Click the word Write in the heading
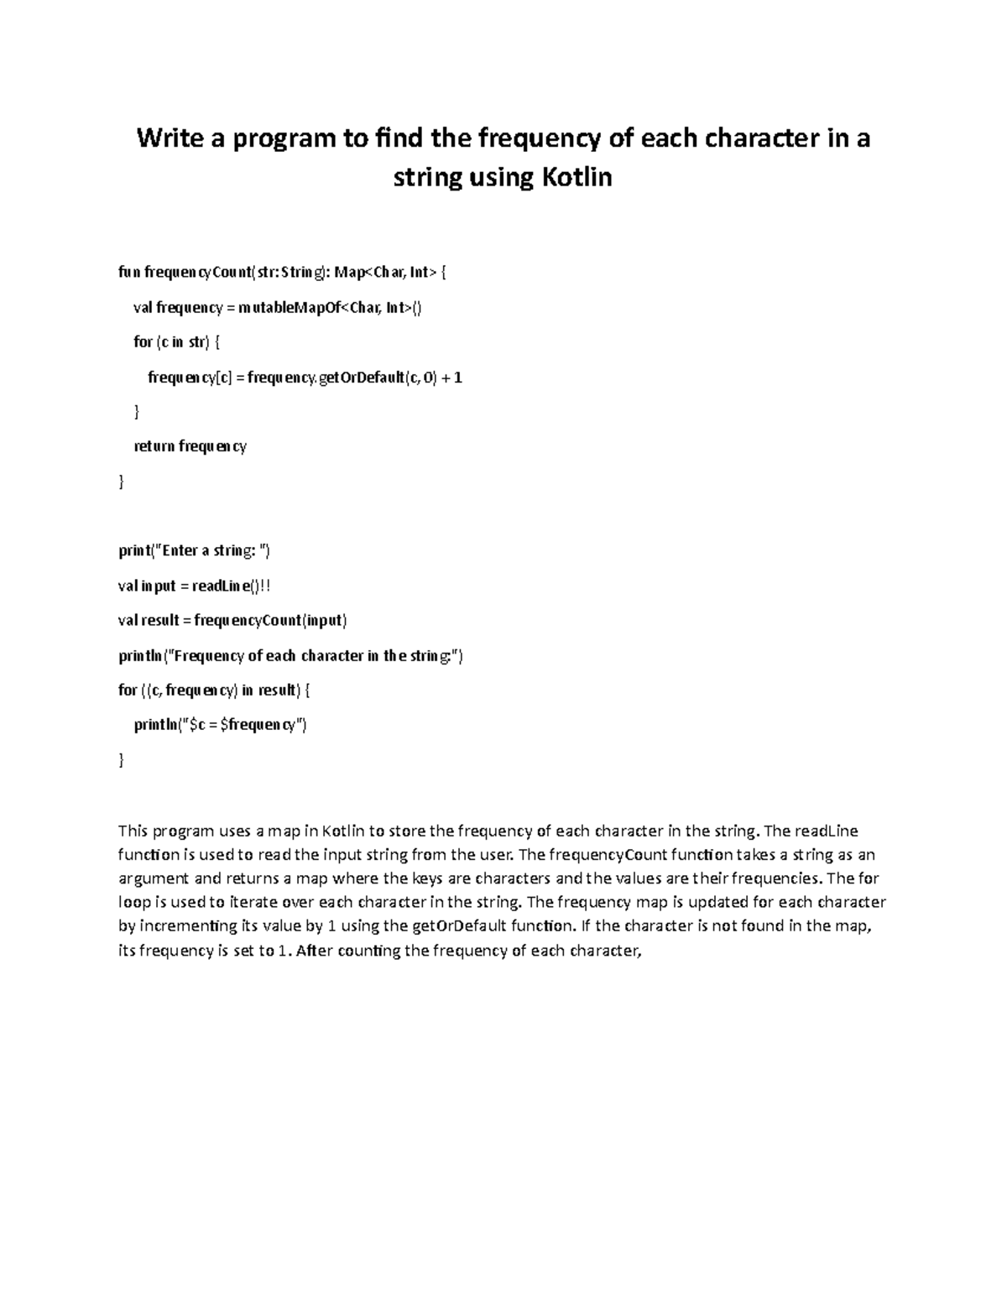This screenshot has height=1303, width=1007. pyautogui.click(x=170, y=138)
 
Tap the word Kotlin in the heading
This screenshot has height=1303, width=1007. pyautogui.click(x=574, y=178)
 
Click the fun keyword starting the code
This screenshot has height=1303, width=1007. pyautogui.click(x=129, y=272)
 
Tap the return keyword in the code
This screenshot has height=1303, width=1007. pyautogui.click(x=154, y=446)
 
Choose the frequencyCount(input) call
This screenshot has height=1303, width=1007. pyautogui.click(x=270, y=621)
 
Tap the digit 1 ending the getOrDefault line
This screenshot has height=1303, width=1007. pyautogui.click(x=458, y=378)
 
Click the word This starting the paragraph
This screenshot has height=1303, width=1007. pyautogui.click(x=133, y=831)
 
